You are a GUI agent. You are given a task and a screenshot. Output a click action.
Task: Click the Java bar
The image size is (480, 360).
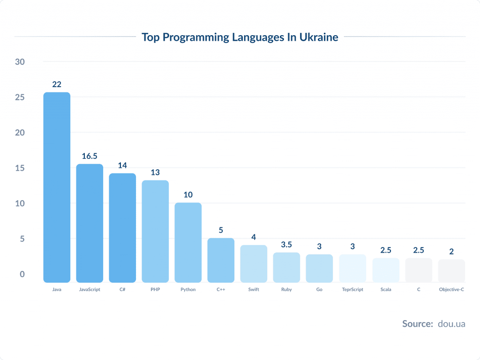[x=57, y=187]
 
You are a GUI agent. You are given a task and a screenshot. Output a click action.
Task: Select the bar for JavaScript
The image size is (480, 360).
[x=90, y=223]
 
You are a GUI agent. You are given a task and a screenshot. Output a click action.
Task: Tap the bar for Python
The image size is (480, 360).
[x=188, y=242]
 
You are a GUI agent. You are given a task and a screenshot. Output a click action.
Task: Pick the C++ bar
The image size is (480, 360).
[x=221, y=260]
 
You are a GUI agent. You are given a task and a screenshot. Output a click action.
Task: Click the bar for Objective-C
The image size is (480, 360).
[x=451, y=271]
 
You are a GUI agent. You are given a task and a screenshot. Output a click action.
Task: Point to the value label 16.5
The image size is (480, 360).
[x=90, y=156]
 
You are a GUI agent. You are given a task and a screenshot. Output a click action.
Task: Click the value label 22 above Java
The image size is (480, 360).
[x=57, y=84]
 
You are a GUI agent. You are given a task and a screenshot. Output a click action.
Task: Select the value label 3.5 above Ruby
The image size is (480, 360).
[x=286, y=245]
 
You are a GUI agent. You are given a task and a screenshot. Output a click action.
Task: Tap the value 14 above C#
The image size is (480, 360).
[x=122, y=165]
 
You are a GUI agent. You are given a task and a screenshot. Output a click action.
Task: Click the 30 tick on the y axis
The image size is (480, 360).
[x=20, y=62]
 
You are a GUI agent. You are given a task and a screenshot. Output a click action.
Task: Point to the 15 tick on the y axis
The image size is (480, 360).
[x=20, y=168]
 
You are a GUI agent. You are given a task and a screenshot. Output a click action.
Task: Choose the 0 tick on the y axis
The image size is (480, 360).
[x=22, y=274]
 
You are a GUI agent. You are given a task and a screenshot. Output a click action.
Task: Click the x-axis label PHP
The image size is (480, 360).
[x=155, y=290]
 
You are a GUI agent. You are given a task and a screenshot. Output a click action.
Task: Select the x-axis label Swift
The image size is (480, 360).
[x=254, y=290]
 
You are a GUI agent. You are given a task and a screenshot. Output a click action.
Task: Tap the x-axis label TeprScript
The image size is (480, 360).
[x=352, y=290]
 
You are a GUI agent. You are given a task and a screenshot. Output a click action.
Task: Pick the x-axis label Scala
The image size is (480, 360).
[x=386, y=290]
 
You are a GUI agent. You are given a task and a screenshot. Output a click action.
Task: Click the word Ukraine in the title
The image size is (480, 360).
[x=319, y=37]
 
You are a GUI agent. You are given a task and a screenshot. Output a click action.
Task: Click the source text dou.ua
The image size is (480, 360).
[x=451, y=323]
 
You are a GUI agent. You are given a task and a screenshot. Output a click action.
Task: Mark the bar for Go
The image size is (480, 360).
[x=319, y=268]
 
